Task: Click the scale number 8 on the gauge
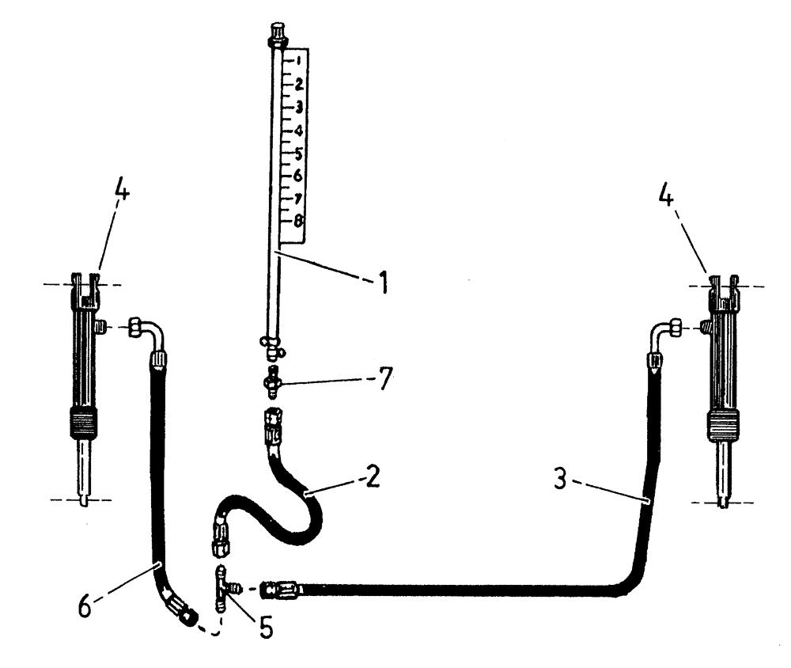point(298,222)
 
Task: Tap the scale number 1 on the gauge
point(297,60)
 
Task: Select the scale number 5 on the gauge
point(297,152)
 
